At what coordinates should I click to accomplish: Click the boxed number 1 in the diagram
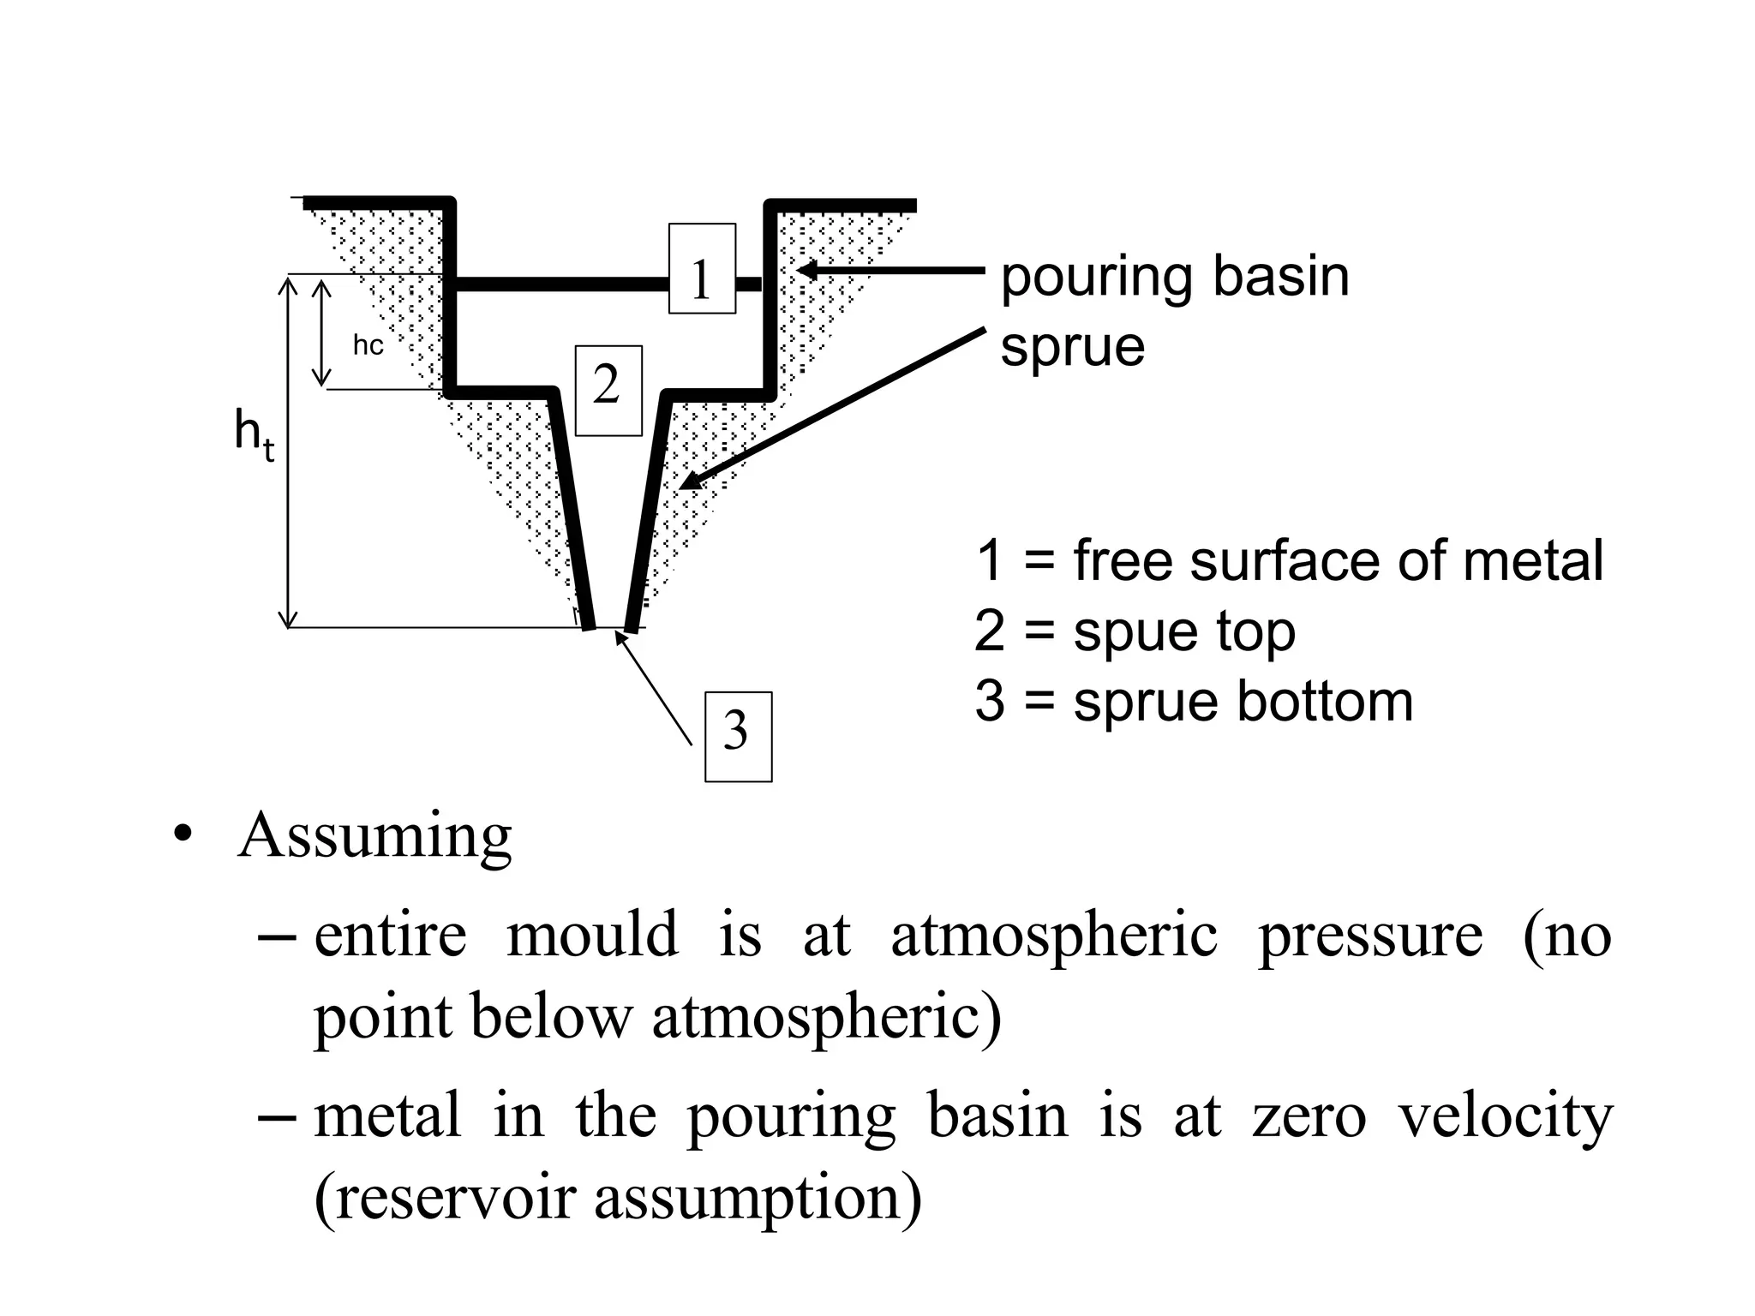702,269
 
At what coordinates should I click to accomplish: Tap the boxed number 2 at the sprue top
608,391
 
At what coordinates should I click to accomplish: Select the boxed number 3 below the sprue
737,736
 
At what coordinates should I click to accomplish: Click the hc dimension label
368,345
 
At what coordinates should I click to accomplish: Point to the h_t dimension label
254,434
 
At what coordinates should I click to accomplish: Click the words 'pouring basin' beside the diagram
1175,278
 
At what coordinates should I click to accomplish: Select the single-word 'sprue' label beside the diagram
1072,347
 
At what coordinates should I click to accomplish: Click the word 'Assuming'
375,836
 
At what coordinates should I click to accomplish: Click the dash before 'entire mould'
276,937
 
